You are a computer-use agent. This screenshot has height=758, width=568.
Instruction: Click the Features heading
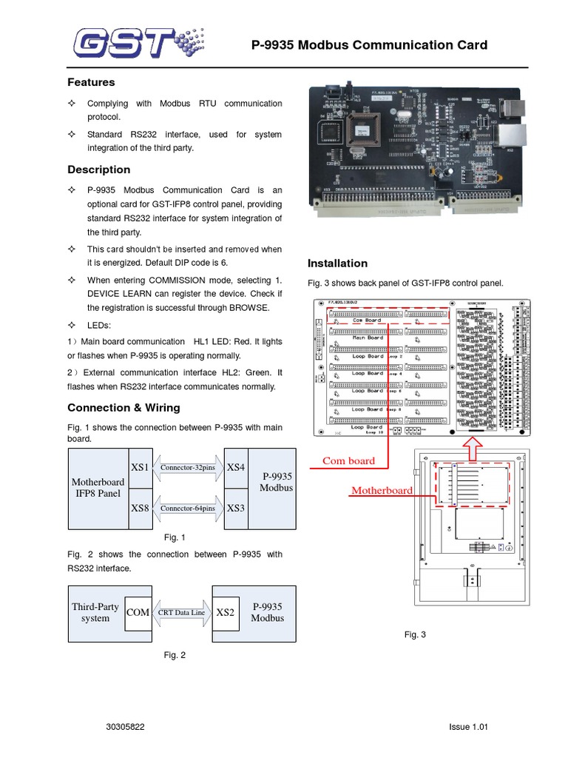click(x=91, y=82)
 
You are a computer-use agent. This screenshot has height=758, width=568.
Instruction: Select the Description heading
click(x=98, y=170)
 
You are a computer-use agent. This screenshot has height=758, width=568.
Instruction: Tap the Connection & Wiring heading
click(x=124, y=408)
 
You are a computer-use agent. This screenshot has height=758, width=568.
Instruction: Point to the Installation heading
click(x=337, y=263)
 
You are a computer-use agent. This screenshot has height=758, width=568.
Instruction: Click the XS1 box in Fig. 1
click(x=140, y=468)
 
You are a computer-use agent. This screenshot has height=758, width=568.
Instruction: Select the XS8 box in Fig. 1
click(x=140, y=509)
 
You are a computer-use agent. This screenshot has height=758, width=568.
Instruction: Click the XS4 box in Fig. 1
click(x=236, y=468)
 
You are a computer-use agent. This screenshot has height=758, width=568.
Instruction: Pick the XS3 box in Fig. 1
click(x=236, y=509)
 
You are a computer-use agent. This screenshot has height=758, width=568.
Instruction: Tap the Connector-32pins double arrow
click(x=188, y=468)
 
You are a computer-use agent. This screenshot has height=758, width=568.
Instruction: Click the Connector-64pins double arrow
click(x=188, y=509)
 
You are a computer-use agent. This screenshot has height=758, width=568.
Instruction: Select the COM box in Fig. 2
click(x=138, y=612)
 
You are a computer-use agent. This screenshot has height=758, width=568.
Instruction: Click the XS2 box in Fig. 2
click(x=225, y=612)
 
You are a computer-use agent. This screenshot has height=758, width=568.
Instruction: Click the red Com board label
click(x=348, y=460)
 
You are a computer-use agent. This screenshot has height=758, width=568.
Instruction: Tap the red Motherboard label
click(x=382, y=490)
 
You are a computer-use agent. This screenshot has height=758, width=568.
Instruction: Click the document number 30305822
click(x=126, y=727)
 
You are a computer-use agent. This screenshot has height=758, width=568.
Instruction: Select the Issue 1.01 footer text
click(x=469, y=727)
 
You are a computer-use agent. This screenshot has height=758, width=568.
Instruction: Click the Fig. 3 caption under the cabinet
click(x=415, y=634)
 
